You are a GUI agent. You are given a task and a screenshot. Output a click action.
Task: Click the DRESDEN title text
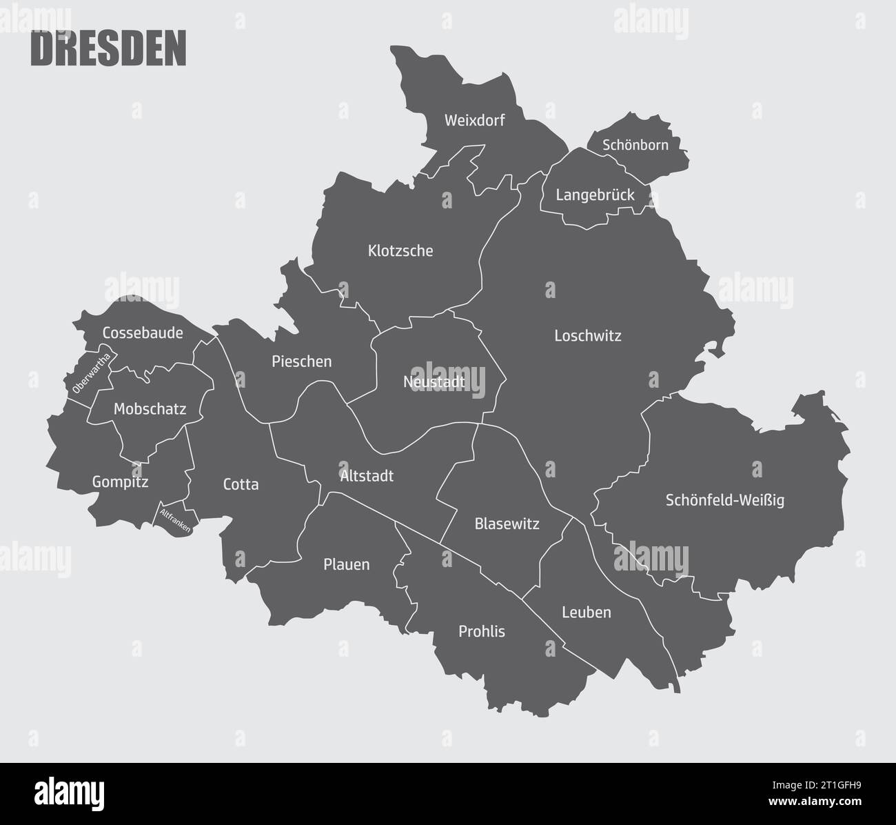point(109,49)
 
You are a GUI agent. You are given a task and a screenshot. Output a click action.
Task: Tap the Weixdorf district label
point(475,121)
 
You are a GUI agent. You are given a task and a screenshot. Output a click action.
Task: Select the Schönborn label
point(635,146)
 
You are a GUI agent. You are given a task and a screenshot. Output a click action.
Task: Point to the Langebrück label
point(595,195)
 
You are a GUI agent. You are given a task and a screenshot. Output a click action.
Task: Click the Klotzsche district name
point(400,251)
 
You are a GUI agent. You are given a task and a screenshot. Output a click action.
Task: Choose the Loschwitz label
point(588,336)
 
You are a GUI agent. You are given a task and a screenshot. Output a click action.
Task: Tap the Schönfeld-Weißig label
point(725,500)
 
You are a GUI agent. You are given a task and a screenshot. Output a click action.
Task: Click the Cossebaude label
point(143,333)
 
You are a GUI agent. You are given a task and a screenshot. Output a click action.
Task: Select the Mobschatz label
point(150,409)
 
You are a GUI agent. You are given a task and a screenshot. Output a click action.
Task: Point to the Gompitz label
point(121,482)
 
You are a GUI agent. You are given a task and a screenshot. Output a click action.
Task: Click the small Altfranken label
point(175,521)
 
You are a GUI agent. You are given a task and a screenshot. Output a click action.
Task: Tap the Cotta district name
point(241,485)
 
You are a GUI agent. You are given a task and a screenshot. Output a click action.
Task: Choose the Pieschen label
point(302,361)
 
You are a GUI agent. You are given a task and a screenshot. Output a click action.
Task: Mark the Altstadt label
point(367,476)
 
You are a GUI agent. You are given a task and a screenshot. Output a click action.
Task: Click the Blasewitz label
point(507,524)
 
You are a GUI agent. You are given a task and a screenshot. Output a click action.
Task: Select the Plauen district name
point(347,565)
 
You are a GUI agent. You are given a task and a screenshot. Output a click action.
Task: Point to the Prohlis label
point(482,631)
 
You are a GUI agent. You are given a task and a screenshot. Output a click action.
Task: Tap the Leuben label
point(587,613)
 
